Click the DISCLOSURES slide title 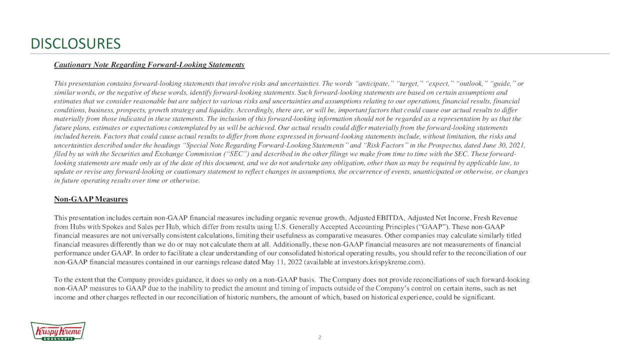pos(75,44)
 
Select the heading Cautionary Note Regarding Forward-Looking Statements pos(149,65)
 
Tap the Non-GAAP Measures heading pos(90,199)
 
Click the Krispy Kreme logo pos(58,331)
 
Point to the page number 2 pos(320,337)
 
